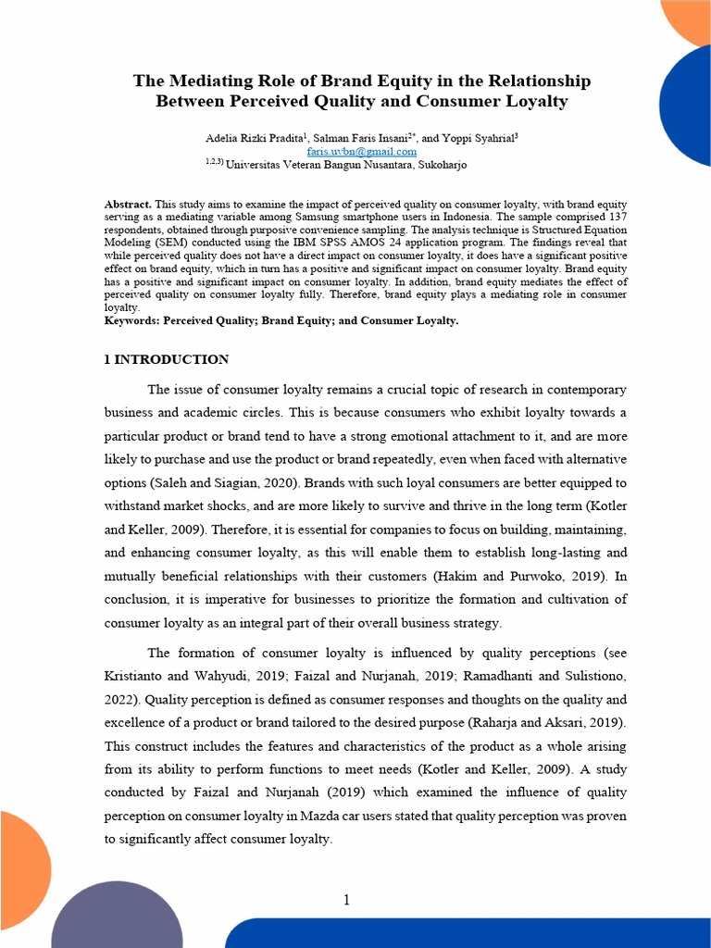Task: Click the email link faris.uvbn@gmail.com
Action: tap(361, 151)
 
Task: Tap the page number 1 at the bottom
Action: tap(346, 900)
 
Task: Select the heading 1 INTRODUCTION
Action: tap(167, 359)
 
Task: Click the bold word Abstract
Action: tap(129, 204)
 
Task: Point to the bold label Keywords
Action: tap(132, 320)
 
